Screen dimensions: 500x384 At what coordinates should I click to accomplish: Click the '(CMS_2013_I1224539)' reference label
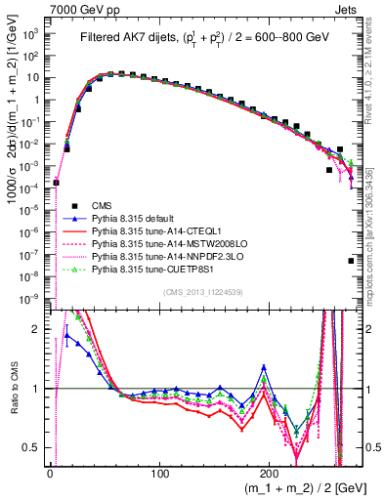tap(203, 291)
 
